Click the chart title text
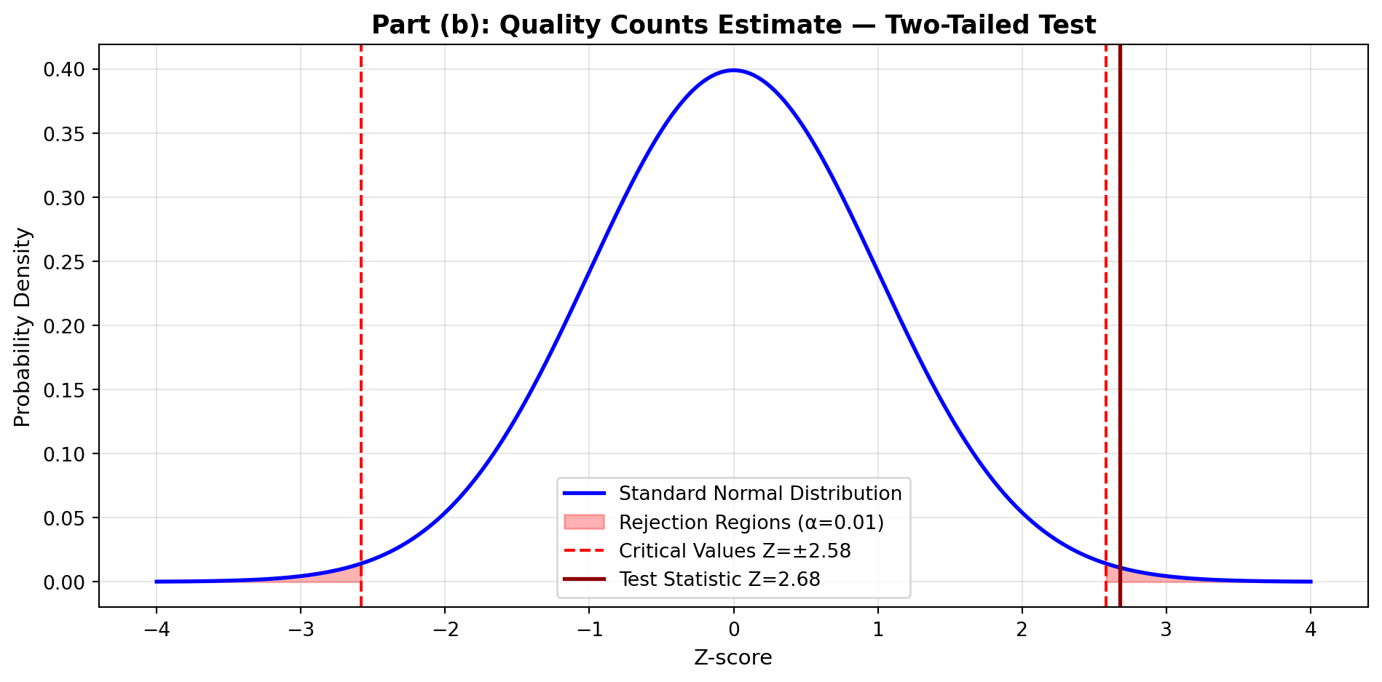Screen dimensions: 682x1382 click(x=733, y=25)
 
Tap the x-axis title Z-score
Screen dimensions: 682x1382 click(x=733, y=658)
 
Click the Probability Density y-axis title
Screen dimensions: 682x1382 click(x=23, y=327)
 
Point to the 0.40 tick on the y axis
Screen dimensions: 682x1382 click(x=65, y=70)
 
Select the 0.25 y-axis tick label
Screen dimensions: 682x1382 click(x=65, y=262)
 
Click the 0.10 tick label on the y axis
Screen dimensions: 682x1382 click(x=65, y=454)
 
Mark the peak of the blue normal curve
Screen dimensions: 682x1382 click(x=733, y=71)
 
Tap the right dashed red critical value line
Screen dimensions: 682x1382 click(x=1106, y=291)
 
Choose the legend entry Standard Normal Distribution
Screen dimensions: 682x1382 click(x=760, y=493)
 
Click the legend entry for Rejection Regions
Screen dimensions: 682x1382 click(x=751, y=523)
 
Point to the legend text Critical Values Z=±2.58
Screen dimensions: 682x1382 click(x=735, y=551)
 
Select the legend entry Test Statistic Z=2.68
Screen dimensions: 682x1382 click(x=719, y=579)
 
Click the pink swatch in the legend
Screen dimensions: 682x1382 click(x=584, y=523)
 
